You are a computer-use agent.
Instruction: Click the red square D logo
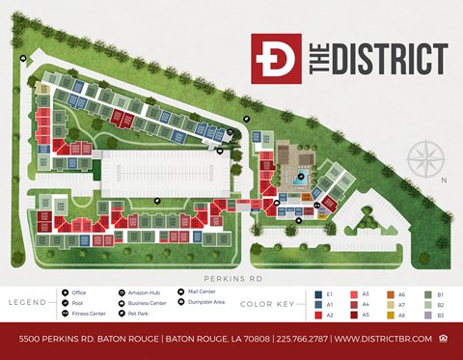point(276,58)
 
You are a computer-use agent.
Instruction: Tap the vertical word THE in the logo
point(315,58)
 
